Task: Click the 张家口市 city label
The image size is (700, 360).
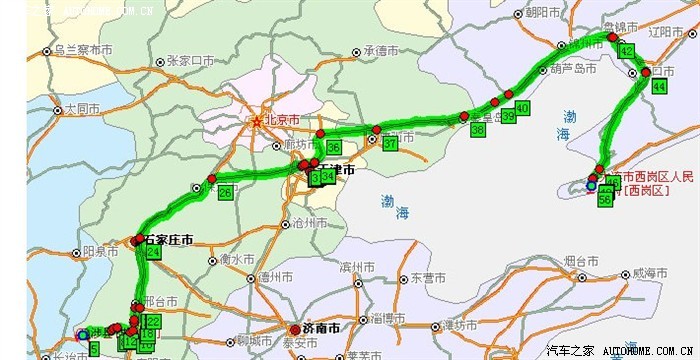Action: click(x=191, y=60)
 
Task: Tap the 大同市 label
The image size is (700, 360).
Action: click(x=82, y=108)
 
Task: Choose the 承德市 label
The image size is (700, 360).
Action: click(x=382, y=51)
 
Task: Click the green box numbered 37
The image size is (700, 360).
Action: click(x=390, y=144)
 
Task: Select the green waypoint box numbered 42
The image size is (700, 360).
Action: click(x=627, y=51)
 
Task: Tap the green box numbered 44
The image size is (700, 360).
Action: click(x=658, y=87)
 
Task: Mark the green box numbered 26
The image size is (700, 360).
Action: click(x=225, y=192)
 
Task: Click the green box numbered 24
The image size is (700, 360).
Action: click(x=153, y=253)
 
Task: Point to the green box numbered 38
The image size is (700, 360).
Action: click(x=477, y=130)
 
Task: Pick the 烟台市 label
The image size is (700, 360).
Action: click(x=581, y=261)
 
